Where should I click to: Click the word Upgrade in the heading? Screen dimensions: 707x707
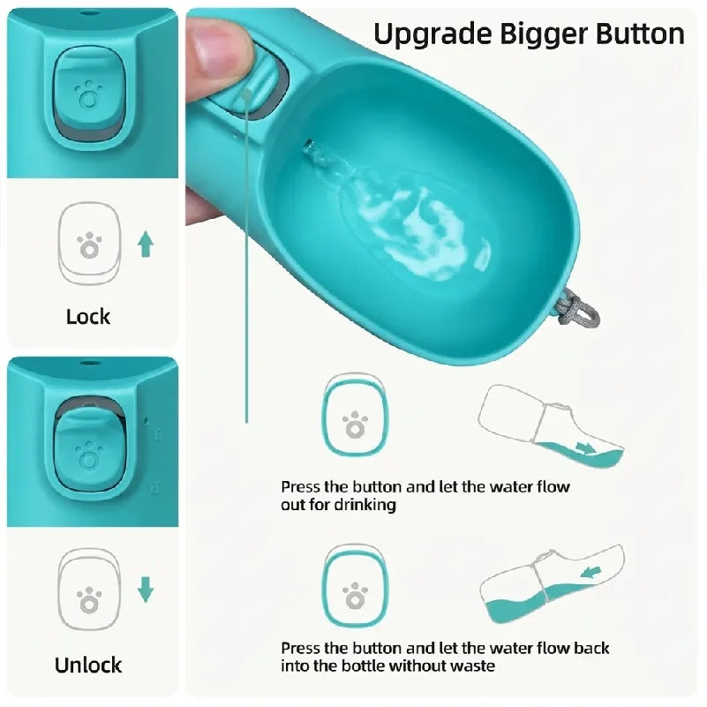coord(432,35)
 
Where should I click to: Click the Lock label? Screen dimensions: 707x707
coord(88,317)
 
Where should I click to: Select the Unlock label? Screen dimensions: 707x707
coord(88,665)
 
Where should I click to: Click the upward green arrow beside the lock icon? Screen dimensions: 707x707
coord(145,244)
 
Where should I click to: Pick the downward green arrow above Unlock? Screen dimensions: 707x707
coord(145,590)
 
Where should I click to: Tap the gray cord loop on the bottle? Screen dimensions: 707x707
coord(577,307)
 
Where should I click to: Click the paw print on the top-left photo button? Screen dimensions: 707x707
coord(88,94)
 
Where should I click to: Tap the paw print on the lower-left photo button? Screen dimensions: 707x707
coord(89,456)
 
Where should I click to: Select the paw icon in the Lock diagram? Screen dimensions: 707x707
coord(89,245)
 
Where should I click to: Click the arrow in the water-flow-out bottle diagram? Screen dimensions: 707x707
coord(586,448)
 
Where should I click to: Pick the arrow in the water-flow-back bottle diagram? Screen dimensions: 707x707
coord(591,572)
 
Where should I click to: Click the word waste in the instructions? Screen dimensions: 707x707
coord(473,666)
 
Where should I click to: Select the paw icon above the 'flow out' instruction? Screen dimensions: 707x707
coord(355,425)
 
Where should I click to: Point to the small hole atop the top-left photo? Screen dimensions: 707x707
coord(88,13)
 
